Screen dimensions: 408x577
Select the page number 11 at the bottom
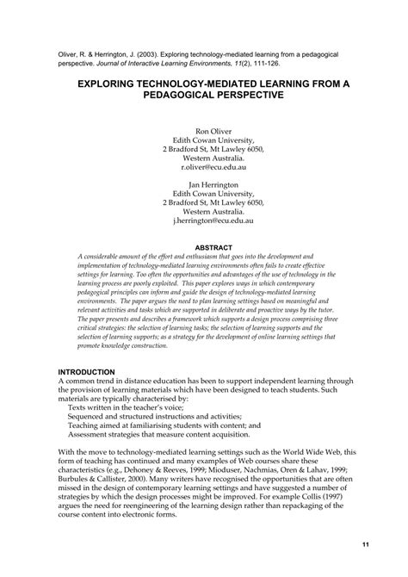point(365,544)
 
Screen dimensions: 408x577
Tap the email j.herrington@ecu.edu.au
point(204,220)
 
